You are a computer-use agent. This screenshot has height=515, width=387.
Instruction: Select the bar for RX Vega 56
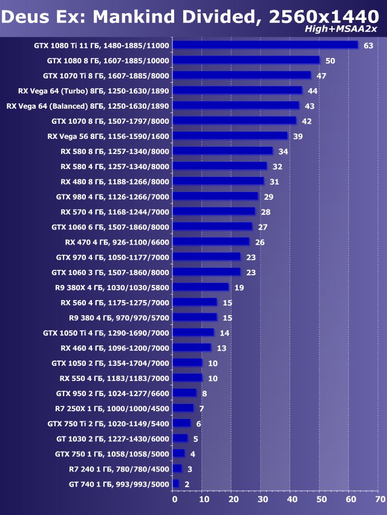(230, 136)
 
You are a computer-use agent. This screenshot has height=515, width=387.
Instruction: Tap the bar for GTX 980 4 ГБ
(215, 196)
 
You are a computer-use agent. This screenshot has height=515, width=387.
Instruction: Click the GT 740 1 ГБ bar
(175, 484)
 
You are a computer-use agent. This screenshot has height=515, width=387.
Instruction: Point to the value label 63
(368, 46)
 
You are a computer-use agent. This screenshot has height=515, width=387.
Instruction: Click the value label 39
(298, 136)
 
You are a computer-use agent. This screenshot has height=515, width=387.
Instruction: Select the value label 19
(239, 287)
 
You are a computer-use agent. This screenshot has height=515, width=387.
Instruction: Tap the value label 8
(204, 393)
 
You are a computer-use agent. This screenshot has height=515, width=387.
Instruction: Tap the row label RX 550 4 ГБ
(114, 378)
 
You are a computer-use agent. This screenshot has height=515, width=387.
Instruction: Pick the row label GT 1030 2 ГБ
(112, 438)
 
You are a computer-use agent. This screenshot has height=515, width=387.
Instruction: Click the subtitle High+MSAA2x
(350, 29)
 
